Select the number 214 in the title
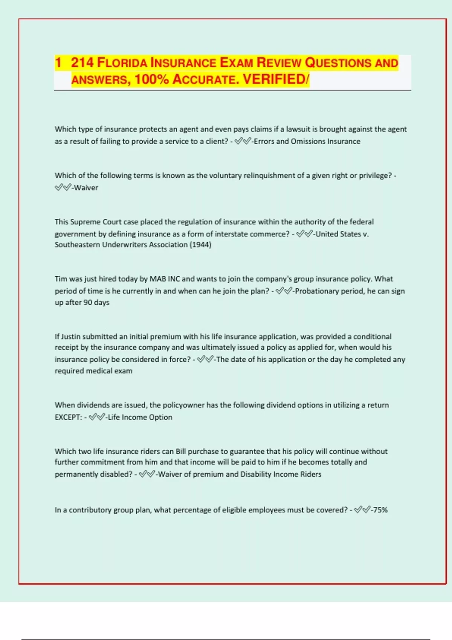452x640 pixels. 82,62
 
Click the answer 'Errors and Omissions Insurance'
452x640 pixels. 307,142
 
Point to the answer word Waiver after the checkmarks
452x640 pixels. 86,188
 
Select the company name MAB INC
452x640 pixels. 165,279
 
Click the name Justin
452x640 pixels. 70,337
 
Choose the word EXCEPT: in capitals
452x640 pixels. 68,417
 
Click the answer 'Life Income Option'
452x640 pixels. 140,417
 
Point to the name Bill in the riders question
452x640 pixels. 181,451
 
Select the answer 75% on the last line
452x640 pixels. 380,510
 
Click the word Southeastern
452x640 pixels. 78,245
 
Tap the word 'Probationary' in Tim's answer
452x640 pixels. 317,291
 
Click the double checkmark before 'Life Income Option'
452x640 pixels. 97,417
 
